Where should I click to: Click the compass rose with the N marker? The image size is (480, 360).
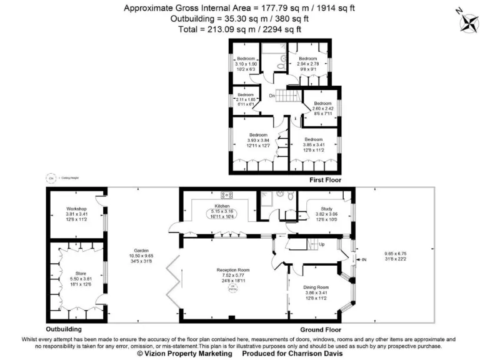[x=466, y=22]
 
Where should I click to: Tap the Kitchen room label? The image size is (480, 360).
[x=222, y=206]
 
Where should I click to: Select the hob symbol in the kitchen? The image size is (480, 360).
[x=226, y=194]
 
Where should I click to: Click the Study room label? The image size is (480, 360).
[x=326, y=209]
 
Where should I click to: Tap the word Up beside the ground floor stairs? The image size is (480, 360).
[x=322, y=244]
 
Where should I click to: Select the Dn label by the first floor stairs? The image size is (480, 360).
[x=272, y=96]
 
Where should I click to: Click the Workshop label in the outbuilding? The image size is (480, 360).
[x=76, y=209]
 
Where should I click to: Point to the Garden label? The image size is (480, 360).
[x=141, y=249]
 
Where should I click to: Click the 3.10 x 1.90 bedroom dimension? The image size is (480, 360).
[x=246, y=64]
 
